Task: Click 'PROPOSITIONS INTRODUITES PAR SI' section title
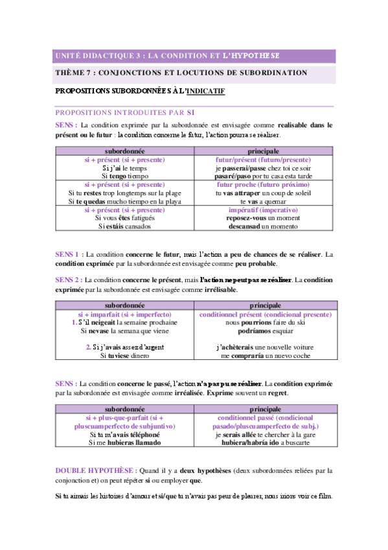[126, 112]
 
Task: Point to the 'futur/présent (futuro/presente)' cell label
[263, 160]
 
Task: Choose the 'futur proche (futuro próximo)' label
[263, 185]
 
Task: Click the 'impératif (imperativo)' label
[263, 210]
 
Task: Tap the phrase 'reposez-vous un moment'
[263, 219]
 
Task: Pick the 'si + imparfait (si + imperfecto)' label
[125, 313]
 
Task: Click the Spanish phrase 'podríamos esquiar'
[263, 330]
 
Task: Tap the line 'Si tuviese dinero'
[125, 355]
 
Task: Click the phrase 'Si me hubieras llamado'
[125, 442]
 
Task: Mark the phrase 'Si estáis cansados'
[125, 227]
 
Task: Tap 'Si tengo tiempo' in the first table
[125, 176]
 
